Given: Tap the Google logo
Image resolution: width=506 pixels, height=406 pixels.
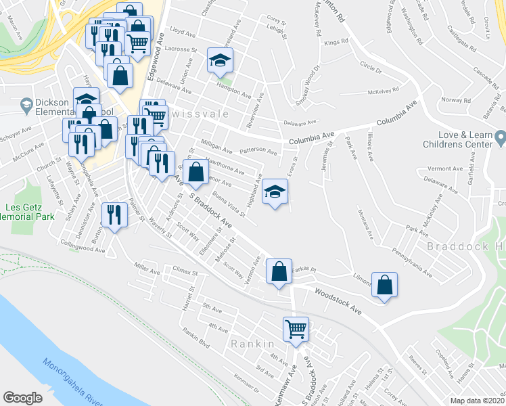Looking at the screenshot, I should point(22,398).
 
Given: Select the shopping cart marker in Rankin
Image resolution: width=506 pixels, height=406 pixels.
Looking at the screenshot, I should point(296,330).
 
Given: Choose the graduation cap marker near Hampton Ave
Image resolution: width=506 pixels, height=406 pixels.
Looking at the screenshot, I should point(220,61).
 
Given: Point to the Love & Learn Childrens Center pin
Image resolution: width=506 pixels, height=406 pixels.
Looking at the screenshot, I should point(500,140).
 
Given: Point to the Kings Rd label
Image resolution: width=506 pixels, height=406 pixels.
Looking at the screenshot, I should point(336,42).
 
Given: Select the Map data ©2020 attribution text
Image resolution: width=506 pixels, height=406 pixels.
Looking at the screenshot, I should point(478,401).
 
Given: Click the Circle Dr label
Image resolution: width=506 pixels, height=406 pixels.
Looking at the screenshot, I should point(371,69).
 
